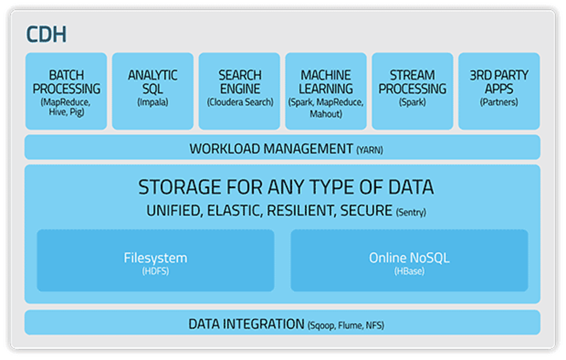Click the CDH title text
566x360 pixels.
(46, 35)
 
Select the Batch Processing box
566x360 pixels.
(66, 91)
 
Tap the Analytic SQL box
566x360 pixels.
(152, 91)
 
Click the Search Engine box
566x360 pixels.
(239, 91)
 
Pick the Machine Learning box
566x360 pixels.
(326, 91)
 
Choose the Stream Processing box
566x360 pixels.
(413, 91)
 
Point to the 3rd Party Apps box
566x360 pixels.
(499, 91)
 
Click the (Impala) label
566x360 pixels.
(152, 102)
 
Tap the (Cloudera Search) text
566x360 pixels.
(240, 102)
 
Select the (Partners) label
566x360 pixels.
(499, 102)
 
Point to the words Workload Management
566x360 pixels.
(271, 148)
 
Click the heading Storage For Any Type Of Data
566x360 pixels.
(286, 188)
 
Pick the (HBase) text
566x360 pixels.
(409, 271)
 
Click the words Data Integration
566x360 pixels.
(246, 324)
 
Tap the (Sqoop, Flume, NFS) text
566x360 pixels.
(346, 326)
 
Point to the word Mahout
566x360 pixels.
(326, 114)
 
